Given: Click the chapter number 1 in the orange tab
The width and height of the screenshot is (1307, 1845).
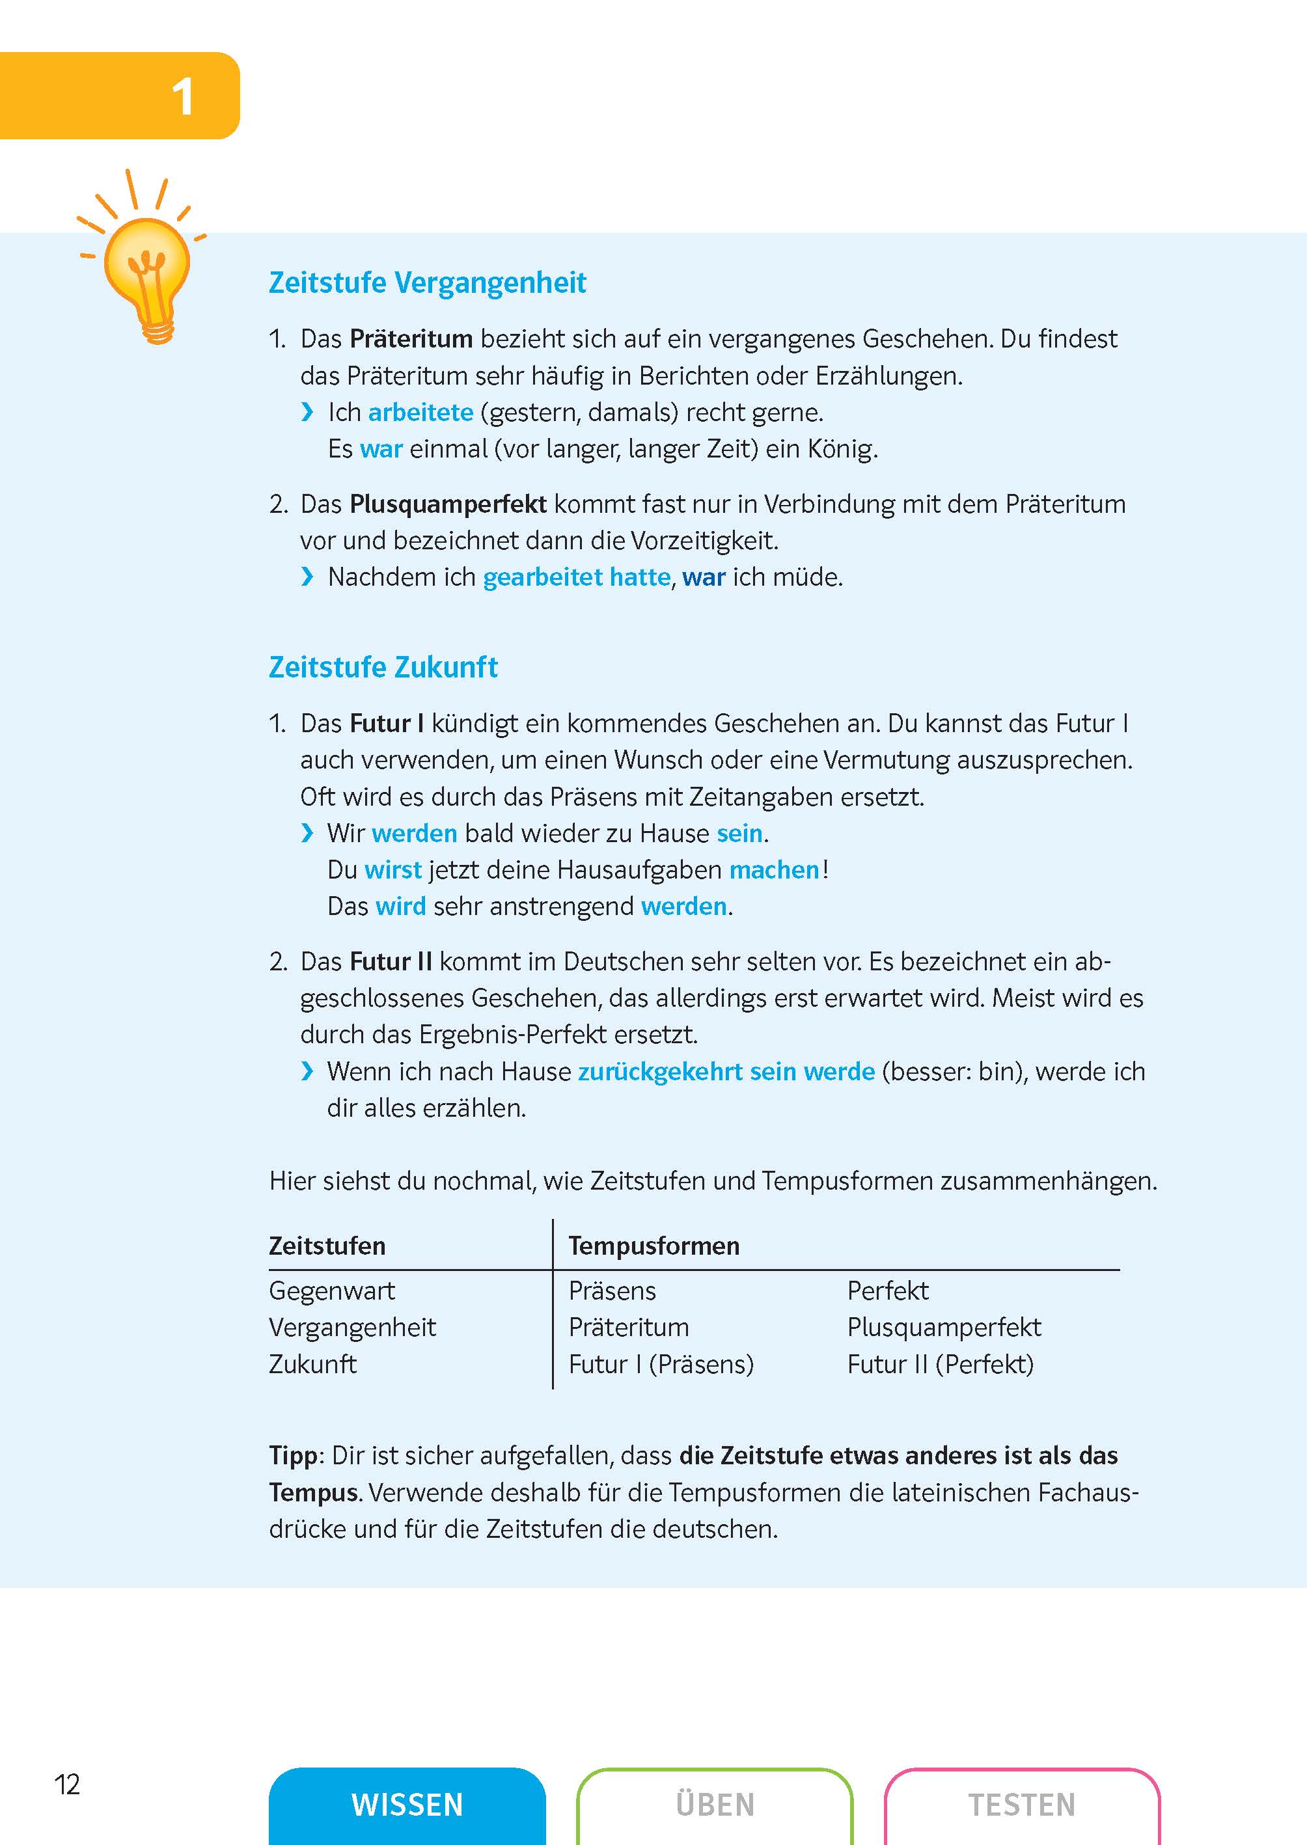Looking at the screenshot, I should pyautogui.click(x=183, y=98).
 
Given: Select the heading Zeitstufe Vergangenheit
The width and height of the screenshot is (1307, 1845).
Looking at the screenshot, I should pyautogui.click(x=428, y=283).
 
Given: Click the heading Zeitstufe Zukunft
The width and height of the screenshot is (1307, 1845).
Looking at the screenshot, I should pyautogui.click(x=383, y=668).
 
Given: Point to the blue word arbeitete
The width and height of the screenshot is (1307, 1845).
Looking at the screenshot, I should pyautogui.click(x=420, y=413).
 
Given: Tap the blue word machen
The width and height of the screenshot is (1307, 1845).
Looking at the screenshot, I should pyautogui.click(x=773, y=870).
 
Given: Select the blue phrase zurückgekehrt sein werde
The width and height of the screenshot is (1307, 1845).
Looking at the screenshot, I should pyautogui.click(x=726, y=1072).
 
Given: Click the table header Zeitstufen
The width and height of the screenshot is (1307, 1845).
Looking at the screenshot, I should pyautogui.click(x=327, y=1246).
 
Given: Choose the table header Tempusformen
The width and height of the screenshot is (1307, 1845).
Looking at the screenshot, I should pyautogui.click(x=653, y=1246).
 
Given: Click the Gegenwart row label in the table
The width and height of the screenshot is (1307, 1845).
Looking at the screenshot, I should pyautogui.click(x=331, y=1291).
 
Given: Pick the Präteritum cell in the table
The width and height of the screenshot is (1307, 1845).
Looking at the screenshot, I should pyautogui.click(x=629, y=1328).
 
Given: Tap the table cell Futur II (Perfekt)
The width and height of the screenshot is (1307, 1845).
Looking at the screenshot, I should pyautogui.click(x=940, y=1365).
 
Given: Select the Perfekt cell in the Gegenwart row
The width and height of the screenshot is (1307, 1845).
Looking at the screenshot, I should pyautogui.click(x=887, y=1291).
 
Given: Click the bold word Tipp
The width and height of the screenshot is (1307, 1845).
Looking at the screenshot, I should pyautogui.click(x=293, y=1456).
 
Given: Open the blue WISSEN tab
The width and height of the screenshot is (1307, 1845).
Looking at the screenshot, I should pyautogui.click(x=407, y=1805).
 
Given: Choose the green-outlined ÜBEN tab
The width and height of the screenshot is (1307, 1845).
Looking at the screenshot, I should pyautogui.click(x=715, y=1805).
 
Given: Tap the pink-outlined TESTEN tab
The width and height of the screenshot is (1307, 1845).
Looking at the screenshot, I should pyautogui.click(x=1021, y=1805).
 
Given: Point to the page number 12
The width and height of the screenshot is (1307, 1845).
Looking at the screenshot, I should pyautogui.click(x=67, y=1784).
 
